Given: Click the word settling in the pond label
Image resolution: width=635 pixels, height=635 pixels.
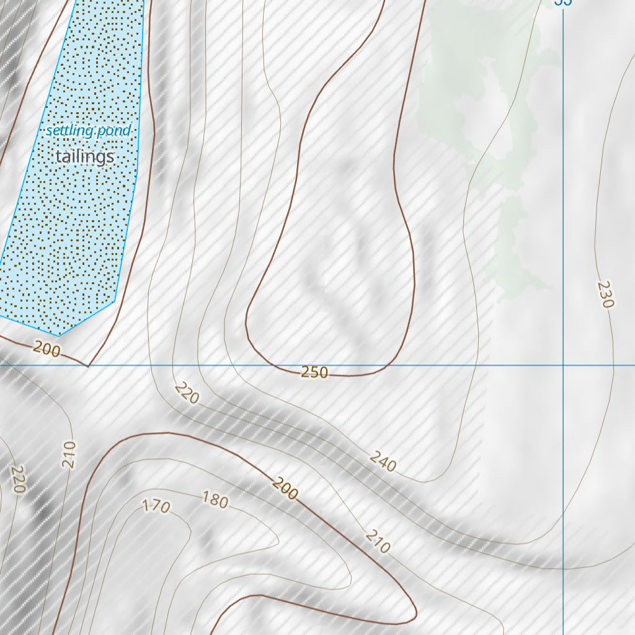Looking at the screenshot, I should (x=70, y=131).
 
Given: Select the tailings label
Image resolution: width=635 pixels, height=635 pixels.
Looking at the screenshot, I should (x=85, y=156).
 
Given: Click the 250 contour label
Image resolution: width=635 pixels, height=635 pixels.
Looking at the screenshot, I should (x=314, y=372).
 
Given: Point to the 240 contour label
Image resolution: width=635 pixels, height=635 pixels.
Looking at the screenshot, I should (x=383, y=461).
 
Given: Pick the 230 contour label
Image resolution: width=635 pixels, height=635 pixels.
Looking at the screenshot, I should (x=605, y=295).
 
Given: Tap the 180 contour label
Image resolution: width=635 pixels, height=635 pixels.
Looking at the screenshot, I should (x=215, y=500).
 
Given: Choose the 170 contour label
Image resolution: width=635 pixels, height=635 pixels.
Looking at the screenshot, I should (x=156, y=506).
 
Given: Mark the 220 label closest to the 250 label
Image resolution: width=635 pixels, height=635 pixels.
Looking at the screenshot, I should (x=186, y=393).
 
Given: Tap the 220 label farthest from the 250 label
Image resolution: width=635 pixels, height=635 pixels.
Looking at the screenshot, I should (x=17, y=480).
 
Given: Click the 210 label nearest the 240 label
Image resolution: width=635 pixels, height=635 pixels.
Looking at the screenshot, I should (x=378, y=541).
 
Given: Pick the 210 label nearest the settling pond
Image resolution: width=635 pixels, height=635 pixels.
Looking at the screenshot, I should (x=68, y=455).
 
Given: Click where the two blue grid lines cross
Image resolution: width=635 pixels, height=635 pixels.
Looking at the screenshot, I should (x=563, y=365).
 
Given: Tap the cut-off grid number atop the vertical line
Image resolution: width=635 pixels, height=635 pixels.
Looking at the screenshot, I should (x=562, y=2).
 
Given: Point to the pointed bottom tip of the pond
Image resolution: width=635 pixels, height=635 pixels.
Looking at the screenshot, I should (x=60, y=335).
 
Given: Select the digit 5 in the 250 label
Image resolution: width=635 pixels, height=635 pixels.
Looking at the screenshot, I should (x=314, y=372).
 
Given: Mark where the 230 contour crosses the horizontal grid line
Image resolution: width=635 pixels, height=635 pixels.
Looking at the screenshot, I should (x=614, y=365).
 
